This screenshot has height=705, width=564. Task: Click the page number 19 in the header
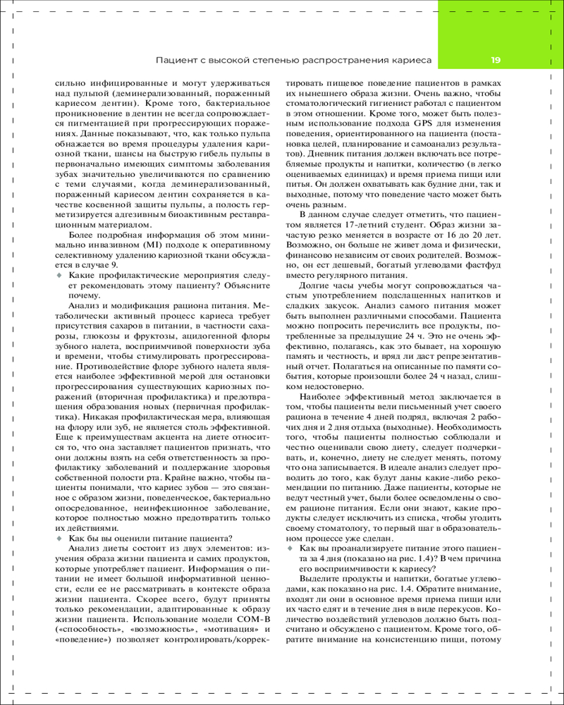coord(496,61)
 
